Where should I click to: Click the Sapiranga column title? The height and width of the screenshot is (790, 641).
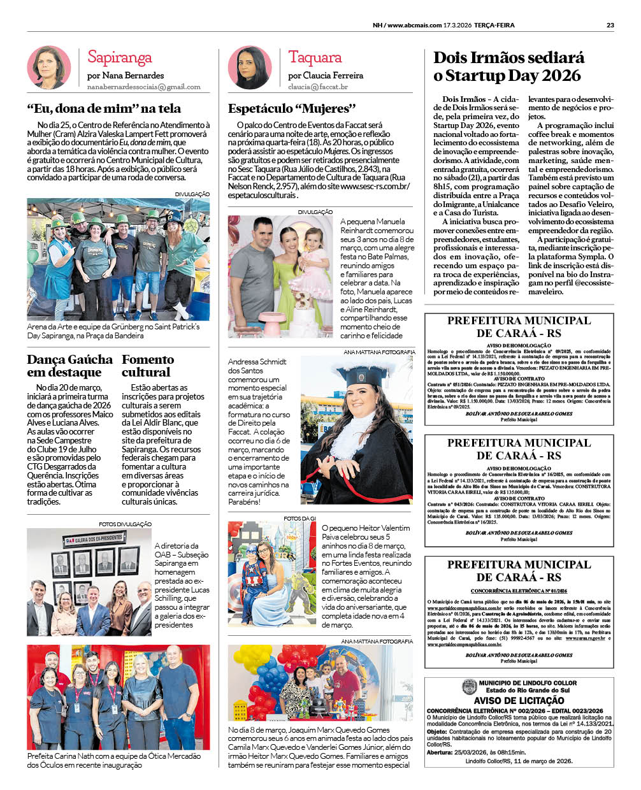(x=119, y=57)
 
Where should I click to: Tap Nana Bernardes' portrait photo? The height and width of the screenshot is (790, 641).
(x=49, y=67)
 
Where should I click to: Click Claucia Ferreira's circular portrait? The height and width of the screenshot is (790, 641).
(x=250, y=67)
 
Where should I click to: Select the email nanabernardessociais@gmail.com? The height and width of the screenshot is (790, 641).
(x=143, y=87)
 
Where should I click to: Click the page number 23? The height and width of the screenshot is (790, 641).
(x=610, y=25)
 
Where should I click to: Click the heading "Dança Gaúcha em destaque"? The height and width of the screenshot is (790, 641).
(x=69, y=366)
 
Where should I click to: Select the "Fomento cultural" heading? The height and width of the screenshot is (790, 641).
(x=147, y=366)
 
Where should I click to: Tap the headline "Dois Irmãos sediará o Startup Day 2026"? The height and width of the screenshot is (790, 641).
(x=508, y=66)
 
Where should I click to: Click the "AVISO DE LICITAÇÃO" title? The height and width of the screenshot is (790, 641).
(x=519, y=701)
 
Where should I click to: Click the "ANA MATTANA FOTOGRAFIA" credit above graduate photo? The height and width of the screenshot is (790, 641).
(x=378, y=352)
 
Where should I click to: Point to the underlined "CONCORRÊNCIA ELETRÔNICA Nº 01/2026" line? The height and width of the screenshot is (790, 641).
(x=519, y=591)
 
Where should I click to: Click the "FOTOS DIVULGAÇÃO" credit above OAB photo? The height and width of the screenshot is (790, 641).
(x=125, y=524)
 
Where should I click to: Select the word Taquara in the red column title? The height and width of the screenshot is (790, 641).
(x=315, y=57)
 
